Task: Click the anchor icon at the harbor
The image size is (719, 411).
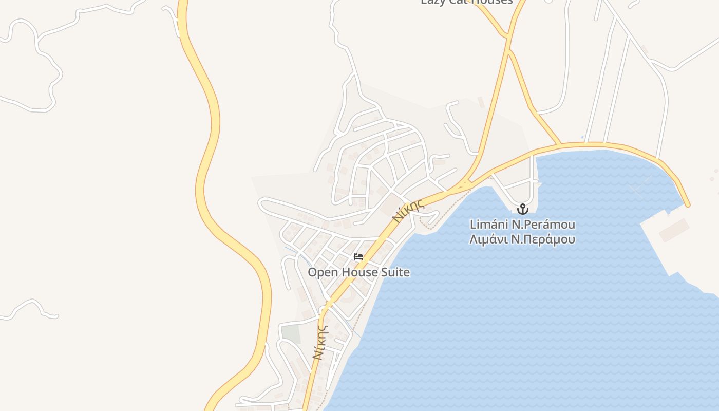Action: click(x=522, y=209)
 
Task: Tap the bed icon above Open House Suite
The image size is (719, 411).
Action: click(x=358, y=257)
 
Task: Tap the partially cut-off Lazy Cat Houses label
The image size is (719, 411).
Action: click(x=466, y=2)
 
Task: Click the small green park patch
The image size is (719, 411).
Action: click(x=291, y=334)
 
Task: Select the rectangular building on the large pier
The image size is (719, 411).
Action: click(x=674, y=230)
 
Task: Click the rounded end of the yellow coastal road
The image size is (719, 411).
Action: click(x=687, y=204)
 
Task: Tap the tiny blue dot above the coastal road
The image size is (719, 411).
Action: click(x=582, y=137)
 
